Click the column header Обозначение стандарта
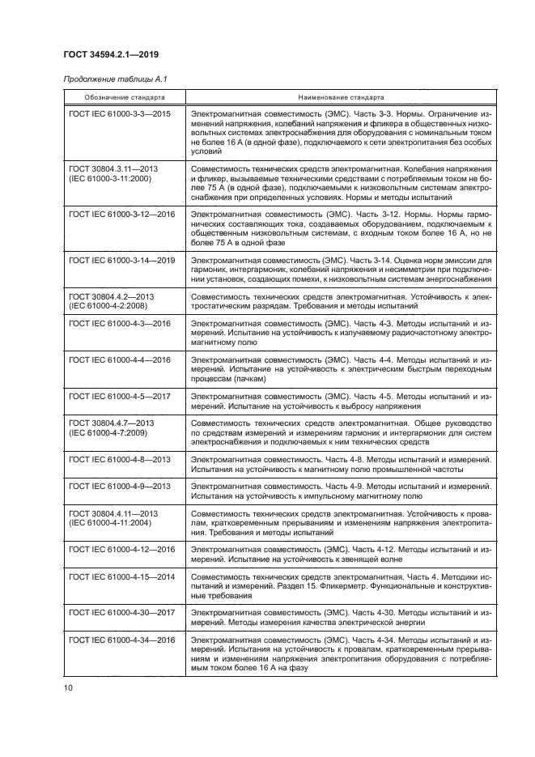tap(123, 96)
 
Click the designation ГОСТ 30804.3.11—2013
tap(114, 168)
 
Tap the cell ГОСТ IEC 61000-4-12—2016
tap(122, 549)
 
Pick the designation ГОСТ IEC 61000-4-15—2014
tap(122, 575)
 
